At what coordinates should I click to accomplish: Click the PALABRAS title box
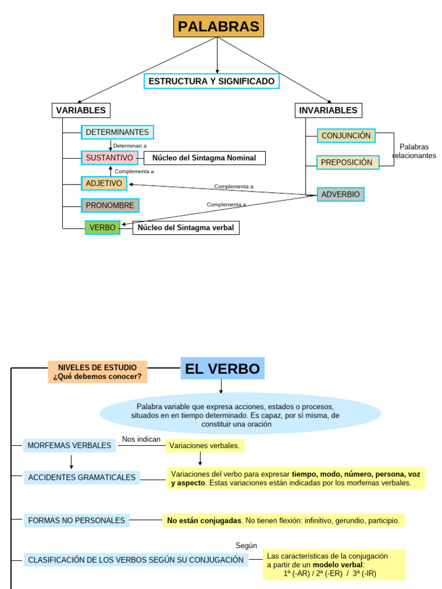point(218,26)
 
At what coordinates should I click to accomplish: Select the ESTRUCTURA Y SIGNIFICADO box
point(211,81)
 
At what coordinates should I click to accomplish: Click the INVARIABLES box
point(328,110)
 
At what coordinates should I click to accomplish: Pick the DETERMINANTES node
point(117,132)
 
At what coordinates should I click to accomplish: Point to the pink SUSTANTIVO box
point(109,158)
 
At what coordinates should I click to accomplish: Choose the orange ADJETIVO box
point(104,183)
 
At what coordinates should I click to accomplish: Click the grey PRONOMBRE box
point(110,205)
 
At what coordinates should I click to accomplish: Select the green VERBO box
point(102,228)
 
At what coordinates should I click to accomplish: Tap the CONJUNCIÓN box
point(346,136)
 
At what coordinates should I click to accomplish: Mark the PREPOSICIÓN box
point(348,162)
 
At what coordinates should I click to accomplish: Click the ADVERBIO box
point(340,194)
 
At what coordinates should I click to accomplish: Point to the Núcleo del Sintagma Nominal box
point(204,158)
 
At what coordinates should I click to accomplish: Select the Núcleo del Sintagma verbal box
point(186,228)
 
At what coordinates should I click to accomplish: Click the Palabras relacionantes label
point(414,151)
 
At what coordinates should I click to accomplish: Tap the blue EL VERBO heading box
point(222,368)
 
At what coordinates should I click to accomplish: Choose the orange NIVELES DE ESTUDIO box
point(97,372)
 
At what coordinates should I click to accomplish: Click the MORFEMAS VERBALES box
point(70,445)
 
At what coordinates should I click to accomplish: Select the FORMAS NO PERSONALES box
point(77,521)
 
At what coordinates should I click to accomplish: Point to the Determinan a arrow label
point(129,146)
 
